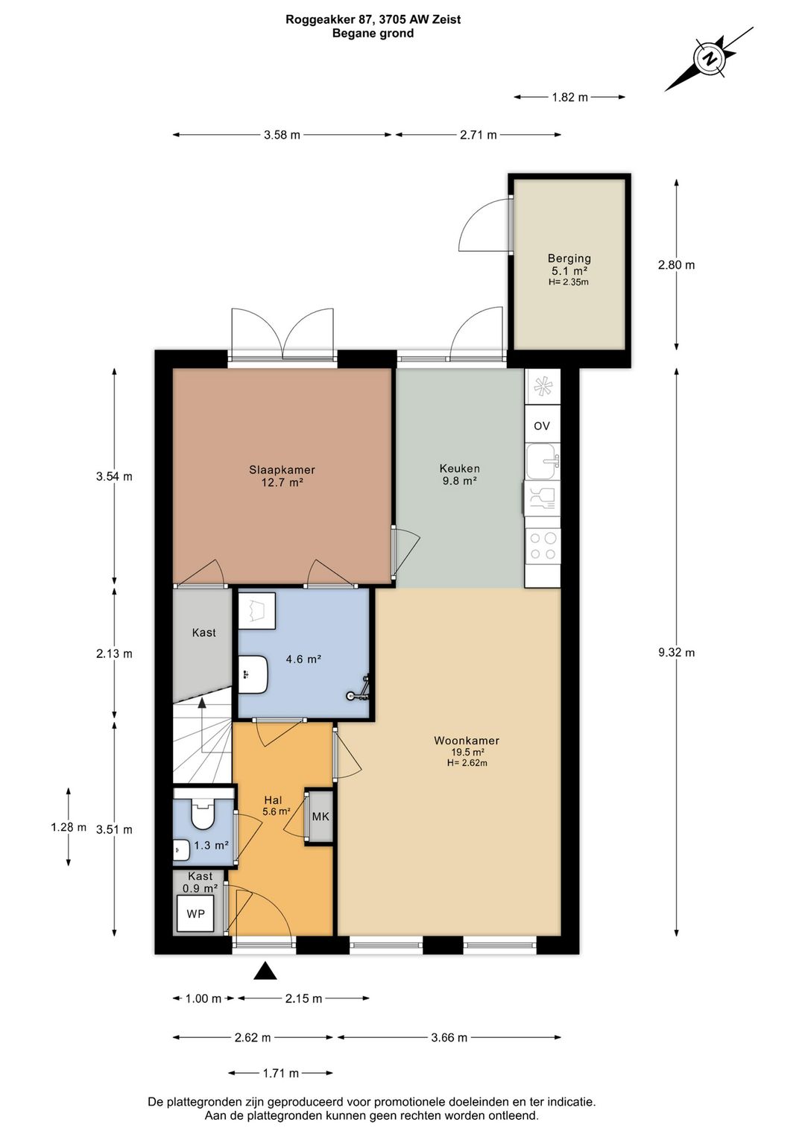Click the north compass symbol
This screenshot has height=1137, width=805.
(x=709, y=58)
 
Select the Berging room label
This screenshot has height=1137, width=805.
(x=569, y=259)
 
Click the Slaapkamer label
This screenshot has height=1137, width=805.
(x=282, y=470)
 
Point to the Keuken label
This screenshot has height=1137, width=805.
(x=460, y=469)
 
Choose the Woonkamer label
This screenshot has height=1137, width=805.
(x=467, y=741)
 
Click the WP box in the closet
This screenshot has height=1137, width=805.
(x=195, y=914)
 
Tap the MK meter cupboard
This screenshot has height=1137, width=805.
(x=320, y=817)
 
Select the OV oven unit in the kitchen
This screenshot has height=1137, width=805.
(x=542, y=425)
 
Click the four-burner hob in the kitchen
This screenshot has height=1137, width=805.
(x=543, y=546)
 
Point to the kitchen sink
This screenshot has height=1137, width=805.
(x=543, y=461)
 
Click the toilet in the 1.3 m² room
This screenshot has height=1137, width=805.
(x=203, y=814)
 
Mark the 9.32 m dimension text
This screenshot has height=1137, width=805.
(x=677, y=652)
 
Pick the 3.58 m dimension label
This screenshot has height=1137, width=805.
(x=282, y=135)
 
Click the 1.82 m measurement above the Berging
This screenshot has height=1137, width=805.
(x=570, y=97)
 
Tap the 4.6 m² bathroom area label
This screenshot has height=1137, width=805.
(x=303, y=659)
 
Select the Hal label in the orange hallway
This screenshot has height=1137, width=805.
(x=274, y=800)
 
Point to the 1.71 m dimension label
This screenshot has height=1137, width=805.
(x=281, y=1073)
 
